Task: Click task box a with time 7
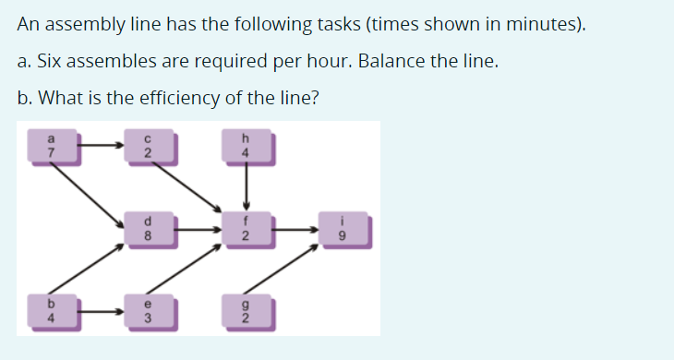tap(52, 146)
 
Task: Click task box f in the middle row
tap(246, 228)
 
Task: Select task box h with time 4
tap(246, 146)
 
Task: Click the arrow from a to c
tap(100, 145)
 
